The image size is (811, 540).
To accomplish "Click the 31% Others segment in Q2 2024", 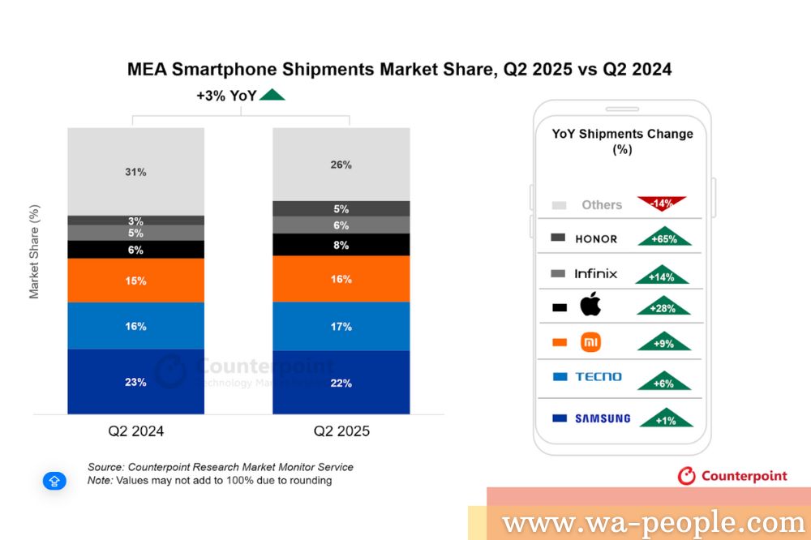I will click(135, 172).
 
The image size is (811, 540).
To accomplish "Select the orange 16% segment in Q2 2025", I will click(341, 279).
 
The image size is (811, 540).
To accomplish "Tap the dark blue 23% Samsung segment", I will click(135, 381).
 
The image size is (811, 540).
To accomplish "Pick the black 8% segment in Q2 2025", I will click(341, 245).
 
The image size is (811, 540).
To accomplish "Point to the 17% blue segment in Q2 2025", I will click(341, 327).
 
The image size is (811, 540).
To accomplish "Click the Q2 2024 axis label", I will click(136, 431).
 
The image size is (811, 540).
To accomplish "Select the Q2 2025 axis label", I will click(341, 431).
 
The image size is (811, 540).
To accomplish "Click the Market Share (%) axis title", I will click(34, 251).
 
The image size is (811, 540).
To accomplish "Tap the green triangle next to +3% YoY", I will click(272, 95).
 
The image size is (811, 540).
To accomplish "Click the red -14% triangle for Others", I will click(662, 203).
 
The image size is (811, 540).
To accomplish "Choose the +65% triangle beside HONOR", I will click(664, 238).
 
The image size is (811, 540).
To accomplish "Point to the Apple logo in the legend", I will click(590, 306).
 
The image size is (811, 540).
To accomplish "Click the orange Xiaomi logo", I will click(591, 342).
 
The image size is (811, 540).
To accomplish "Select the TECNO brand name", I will click(599, 377).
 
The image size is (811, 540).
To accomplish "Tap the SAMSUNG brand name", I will click(602, 418).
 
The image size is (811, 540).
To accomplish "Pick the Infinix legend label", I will click(595, 273).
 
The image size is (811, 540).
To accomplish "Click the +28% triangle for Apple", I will click(664, 307).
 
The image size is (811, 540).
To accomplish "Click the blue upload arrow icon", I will click(54, 481).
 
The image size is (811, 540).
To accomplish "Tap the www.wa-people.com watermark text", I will click(653, 522).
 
